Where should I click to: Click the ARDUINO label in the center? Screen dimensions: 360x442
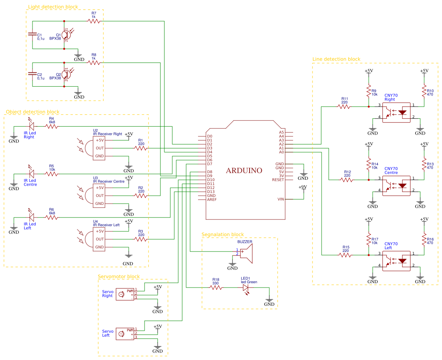click(x=244, y=171)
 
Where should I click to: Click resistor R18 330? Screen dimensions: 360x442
click(x=216, y=288)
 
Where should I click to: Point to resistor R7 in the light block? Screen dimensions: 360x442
click(x=94, y=21)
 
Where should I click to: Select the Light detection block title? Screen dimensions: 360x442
click(x=53, y=7)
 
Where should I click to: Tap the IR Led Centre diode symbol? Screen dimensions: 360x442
click(x=31, y=174)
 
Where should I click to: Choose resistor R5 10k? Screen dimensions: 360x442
click(x=52, y=174)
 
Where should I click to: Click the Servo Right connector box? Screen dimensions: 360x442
click(x=125, y=294)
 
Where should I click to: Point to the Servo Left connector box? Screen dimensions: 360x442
click(x=125, y=334)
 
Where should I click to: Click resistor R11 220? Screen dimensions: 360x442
click(x=344, y=106)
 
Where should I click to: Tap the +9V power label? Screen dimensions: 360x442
click(x=303, y=187)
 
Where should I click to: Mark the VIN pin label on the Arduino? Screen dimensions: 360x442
click(x=281, y=199)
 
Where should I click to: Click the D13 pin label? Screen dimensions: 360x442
click(x=210, y=192)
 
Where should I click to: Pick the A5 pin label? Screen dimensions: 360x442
click(x=281, y=132)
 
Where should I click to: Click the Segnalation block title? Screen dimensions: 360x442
click(x=223, y=234)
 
